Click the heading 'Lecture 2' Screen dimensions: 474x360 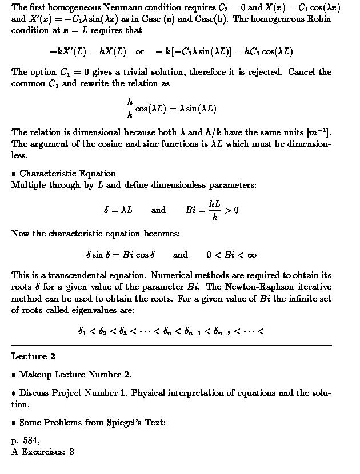click(x=33, y=356)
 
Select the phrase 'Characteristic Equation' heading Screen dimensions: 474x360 click(x=67, y=174)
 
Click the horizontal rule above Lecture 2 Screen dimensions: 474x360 click(x=171, y=346)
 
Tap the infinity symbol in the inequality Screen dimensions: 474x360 click(x=243, y=255)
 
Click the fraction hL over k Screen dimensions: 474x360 click(x=214, y=210)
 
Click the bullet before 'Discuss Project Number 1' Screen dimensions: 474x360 click(x=14, y=393)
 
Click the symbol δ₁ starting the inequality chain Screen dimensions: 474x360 click(x=82, y=331)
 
